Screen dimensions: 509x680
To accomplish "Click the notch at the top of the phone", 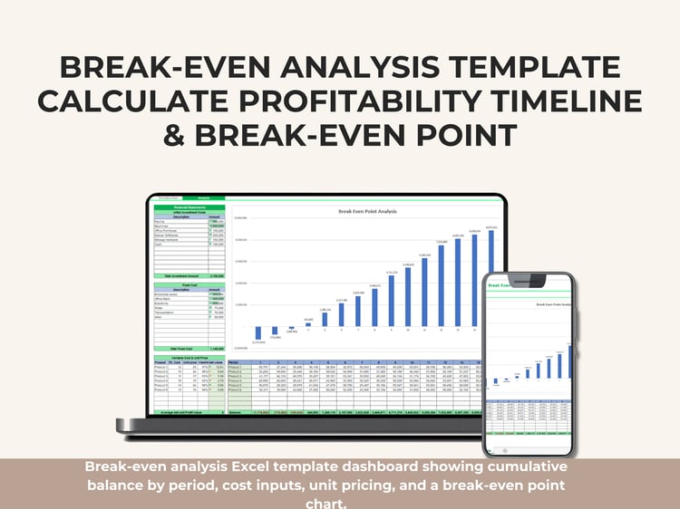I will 529,276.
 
